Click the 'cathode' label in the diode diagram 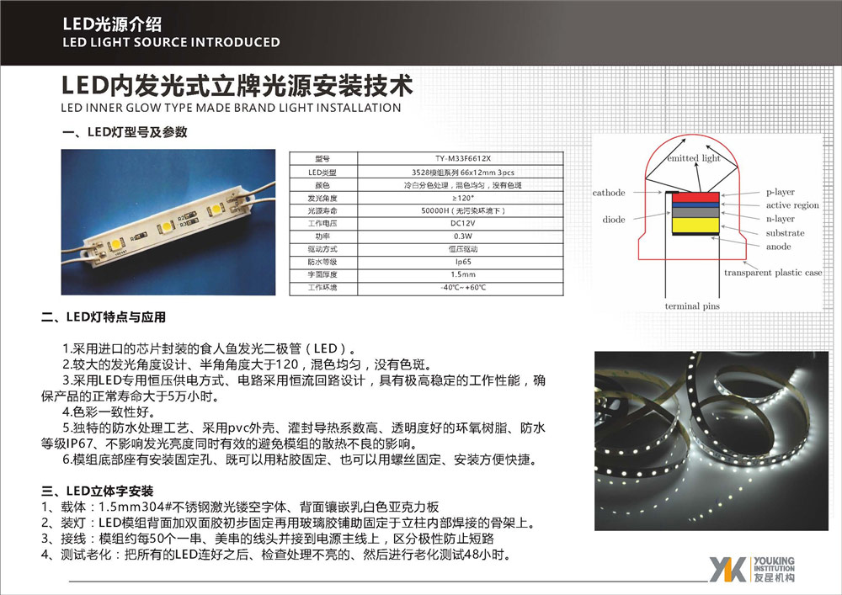pyautogui.click(x=609, y=193)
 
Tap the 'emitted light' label pyautogui.click(x=693, y=158)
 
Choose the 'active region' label pyautogui.click(x=791, y=205)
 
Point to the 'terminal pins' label pyautogui.click(x=693, y=306)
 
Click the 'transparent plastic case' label pyautogui.click(x=773, y=273)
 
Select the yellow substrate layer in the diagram pyautogui.click(x=695, y=228)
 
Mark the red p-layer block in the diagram pyautogui.click(x=695, y=197)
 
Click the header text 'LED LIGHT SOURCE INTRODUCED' pyautogui.click(x=172, y=42)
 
